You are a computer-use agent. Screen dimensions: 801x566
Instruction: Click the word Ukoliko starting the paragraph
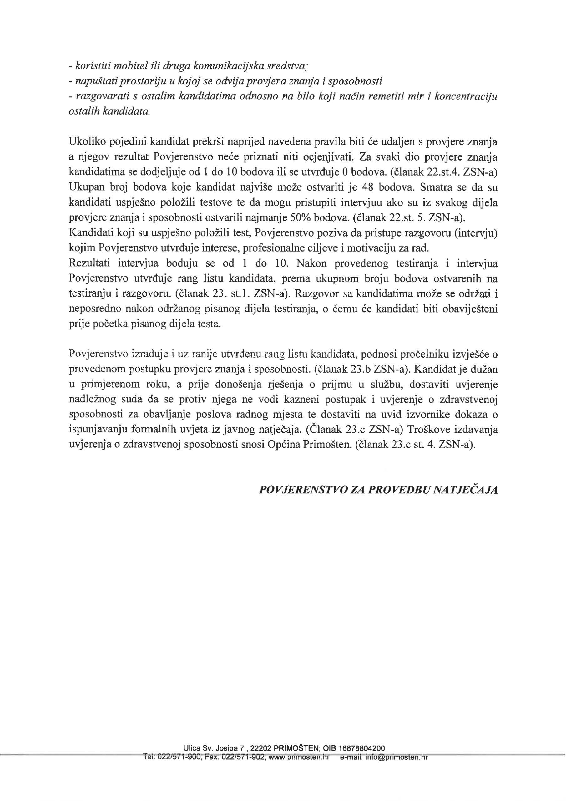(x=87, y=142)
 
